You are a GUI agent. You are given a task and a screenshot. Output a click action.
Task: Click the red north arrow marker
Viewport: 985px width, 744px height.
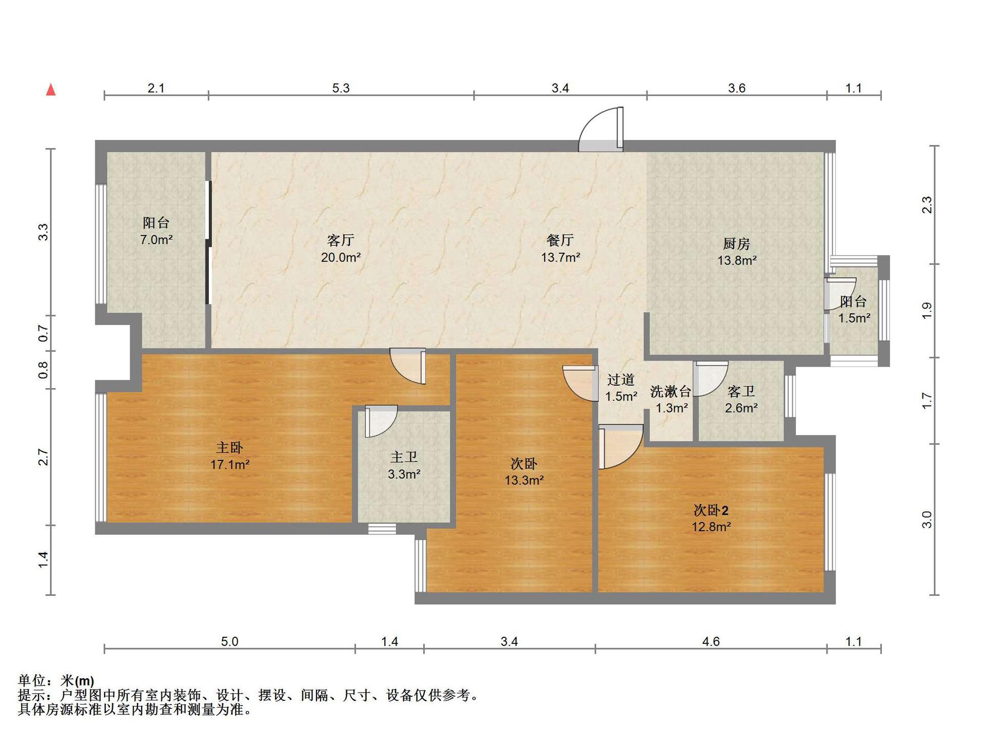coord(51,90)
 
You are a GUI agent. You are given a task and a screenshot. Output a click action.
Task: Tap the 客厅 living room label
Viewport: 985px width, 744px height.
coord(341,240)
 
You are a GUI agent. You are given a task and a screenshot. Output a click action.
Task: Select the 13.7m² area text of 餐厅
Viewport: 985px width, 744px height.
coord(560,257)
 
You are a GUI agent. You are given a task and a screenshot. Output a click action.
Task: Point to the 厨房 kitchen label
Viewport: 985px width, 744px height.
coord(737,243)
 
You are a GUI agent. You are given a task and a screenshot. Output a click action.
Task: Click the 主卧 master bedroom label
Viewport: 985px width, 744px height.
coord(229,448)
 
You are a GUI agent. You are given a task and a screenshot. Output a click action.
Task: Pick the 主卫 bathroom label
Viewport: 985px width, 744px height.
coord(404,457)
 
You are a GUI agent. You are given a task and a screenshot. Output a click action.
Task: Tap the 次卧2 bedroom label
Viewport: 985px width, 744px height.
coord(711,510)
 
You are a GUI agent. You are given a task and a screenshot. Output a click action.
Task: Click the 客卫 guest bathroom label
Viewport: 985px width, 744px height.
coord(741,392)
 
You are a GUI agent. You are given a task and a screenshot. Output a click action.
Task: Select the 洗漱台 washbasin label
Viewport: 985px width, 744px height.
coord(671,392)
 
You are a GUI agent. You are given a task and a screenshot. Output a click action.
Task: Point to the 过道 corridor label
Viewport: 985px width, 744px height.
coord(621,379)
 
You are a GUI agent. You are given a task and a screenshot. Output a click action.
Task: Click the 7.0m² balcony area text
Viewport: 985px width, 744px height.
coord(156,239)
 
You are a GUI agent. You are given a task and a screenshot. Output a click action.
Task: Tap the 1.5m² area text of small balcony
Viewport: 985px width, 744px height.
coord(854,318)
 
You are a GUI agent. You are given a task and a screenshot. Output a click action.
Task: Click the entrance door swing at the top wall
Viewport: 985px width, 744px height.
coord(601,129)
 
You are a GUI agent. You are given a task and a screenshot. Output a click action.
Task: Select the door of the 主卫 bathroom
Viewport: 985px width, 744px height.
coord(381,421)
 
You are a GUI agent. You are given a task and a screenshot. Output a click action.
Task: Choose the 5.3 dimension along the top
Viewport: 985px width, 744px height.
coord(341,88)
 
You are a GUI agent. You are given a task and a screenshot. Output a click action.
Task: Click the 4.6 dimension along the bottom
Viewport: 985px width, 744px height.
coord(711,641)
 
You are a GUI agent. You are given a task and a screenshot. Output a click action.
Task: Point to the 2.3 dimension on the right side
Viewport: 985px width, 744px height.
coord(927,205)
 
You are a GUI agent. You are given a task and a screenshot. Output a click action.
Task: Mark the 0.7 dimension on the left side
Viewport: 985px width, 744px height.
coord(44,333)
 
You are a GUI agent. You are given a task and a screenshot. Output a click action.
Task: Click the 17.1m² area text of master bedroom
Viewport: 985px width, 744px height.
coord(230,465)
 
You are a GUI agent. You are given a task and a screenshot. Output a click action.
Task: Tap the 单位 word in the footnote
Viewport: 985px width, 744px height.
coord(32,680)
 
